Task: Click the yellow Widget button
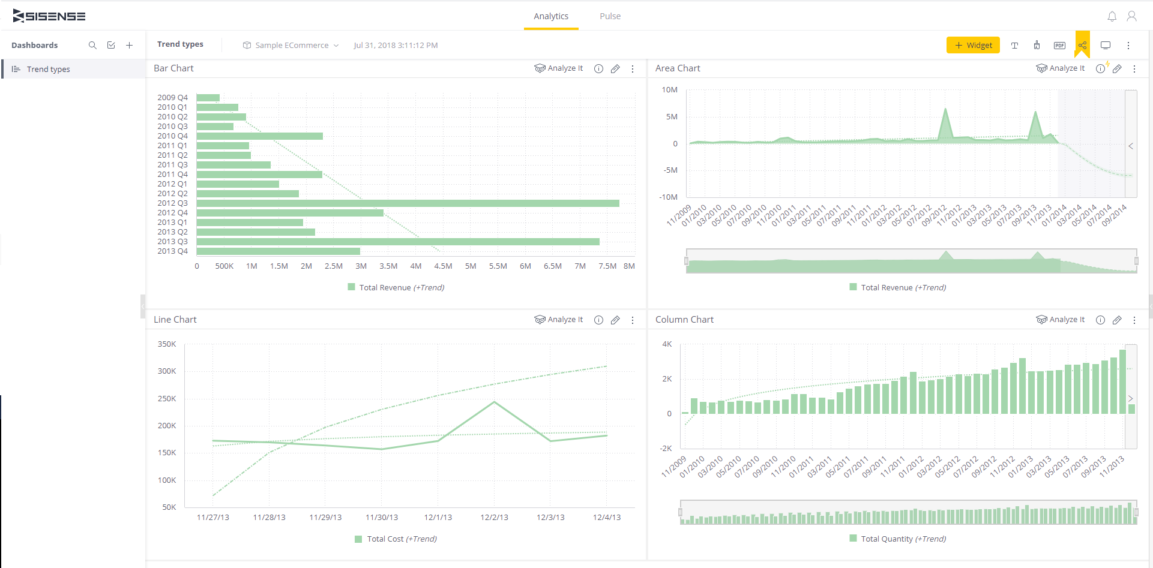point(973,45)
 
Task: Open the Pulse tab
point(610,16)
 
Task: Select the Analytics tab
point(550,16)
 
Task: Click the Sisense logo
point(49,16)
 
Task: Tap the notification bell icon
point(1112,16)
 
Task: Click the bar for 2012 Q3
point(408,203)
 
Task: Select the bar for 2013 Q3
point(397,242)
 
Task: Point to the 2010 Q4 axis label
point(172,136)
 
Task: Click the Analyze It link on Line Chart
point(559,320)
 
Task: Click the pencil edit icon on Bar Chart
point(615,69)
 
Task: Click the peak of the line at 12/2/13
point(494,402)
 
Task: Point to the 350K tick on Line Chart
point(167,344)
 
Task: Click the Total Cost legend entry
point(396,539)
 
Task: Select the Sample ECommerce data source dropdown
point(291,46)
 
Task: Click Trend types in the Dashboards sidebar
point(48,70)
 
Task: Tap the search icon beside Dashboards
point(92,46)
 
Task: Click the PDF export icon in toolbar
point(1059,46)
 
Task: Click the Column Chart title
point(684,320)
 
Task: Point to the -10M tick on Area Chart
point(668,197)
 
